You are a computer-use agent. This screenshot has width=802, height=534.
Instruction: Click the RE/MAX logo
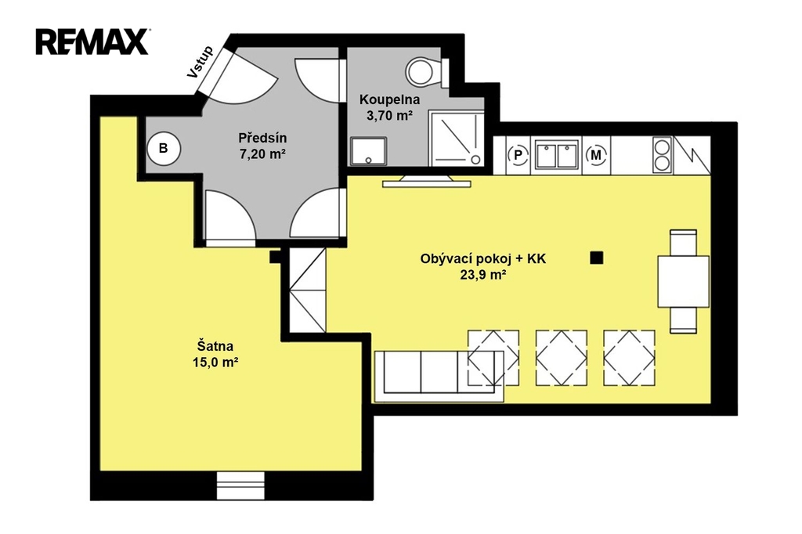(x=92, y=41)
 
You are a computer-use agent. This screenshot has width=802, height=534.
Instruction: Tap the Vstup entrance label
(x=200, y=63)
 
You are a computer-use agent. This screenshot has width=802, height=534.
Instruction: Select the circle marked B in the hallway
(x=164, y=148)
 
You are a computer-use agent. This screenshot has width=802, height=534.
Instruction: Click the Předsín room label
(x=262, y=138)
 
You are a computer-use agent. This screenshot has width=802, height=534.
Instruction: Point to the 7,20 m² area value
(x=262, y=153)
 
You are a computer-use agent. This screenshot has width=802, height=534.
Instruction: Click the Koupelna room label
(x=390, y=99)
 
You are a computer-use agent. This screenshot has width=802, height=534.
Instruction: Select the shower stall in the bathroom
(x=457, y=139)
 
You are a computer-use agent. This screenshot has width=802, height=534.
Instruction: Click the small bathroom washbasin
(x=368, y=151)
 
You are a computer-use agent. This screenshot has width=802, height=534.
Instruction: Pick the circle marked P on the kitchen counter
(x=518, y=154)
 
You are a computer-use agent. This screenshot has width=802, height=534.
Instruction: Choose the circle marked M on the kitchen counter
(x=596, y=154)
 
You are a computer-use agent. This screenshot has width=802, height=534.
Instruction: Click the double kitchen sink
(x=557, y=154)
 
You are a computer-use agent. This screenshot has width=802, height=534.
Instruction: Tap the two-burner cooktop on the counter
(x=663, y=155)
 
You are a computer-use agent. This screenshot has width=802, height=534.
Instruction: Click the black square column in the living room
(x=596, y=258)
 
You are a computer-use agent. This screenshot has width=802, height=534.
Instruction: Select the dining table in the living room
(x=683, y=281)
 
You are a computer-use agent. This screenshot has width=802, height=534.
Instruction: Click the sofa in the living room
(x=439, y=377)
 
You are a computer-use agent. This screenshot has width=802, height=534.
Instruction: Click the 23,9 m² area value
(x=483, y=275)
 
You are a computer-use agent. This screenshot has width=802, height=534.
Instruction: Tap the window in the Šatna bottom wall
(x=240, y=485)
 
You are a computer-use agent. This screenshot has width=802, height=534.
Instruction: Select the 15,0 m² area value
(x=216, y=363)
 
